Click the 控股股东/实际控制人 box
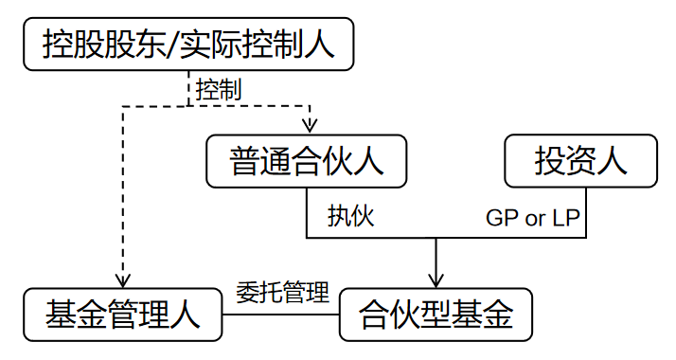(188, 44)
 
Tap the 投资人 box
(580, 160)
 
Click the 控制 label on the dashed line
(219, 90)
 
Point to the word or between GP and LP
(535, 219)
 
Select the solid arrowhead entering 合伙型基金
(436, 279)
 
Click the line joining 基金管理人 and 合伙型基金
(280, 312)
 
